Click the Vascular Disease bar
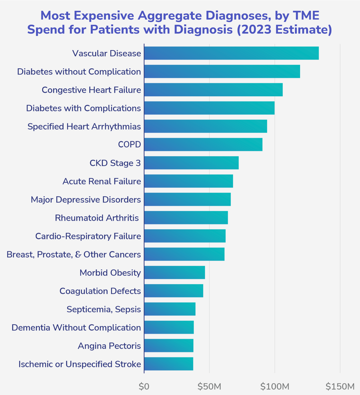point(231,53)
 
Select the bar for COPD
point(203,145)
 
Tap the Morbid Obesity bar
point(174,272)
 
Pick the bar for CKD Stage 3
point(191,163)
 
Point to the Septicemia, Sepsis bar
point(170,309)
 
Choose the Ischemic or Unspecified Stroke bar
point(168,364)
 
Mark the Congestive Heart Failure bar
point(213,90)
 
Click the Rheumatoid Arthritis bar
point(186,218)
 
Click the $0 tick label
point(144,386)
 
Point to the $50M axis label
point(209,386)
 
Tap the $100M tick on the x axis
point(275,386)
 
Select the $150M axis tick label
point(340,386)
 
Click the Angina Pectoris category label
point(109,346)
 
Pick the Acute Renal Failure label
point(102,181)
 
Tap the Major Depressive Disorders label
point(86,200)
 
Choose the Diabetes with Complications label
point(84,108)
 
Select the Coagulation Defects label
point(100,291)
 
